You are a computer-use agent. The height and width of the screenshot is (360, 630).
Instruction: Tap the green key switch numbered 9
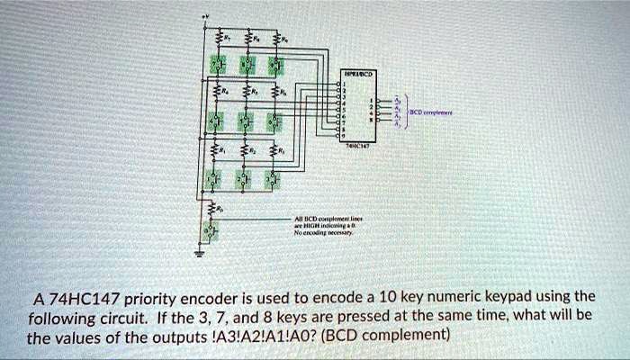tap(274, 65)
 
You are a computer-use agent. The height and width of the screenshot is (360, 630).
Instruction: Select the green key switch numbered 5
tap(245, 121)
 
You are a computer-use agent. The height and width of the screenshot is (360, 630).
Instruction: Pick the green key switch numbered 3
tap(274, 180)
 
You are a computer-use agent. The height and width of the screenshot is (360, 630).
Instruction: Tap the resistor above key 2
tap(246, 149)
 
